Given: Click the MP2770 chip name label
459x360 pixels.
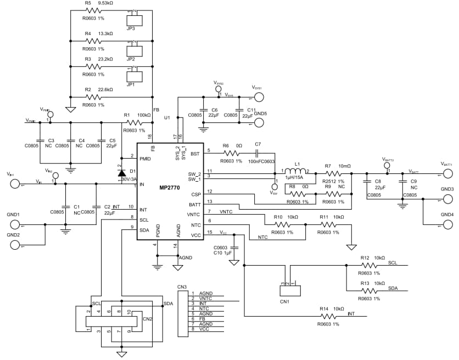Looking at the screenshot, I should coord(170,188).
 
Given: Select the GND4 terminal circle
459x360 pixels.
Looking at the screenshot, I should coord(448,224).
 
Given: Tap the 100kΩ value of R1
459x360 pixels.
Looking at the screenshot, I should coord(144,115).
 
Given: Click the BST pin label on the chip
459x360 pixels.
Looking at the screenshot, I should coord(195,154).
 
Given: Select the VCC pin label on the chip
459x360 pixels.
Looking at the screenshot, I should coord(195,235).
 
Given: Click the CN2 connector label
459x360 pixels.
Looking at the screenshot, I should coord(147,318).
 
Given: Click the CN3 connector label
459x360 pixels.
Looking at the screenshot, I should coord(182,286).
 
